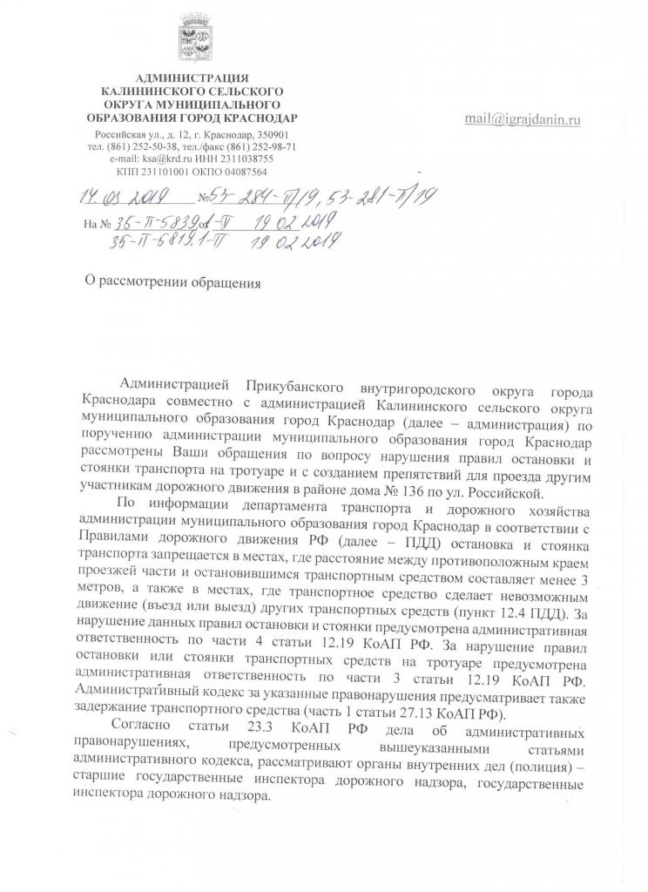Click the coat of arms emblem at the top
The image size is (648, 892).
tap(193, 39)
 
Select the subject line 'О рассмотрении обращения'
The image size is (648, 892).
tap(166, 282)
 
